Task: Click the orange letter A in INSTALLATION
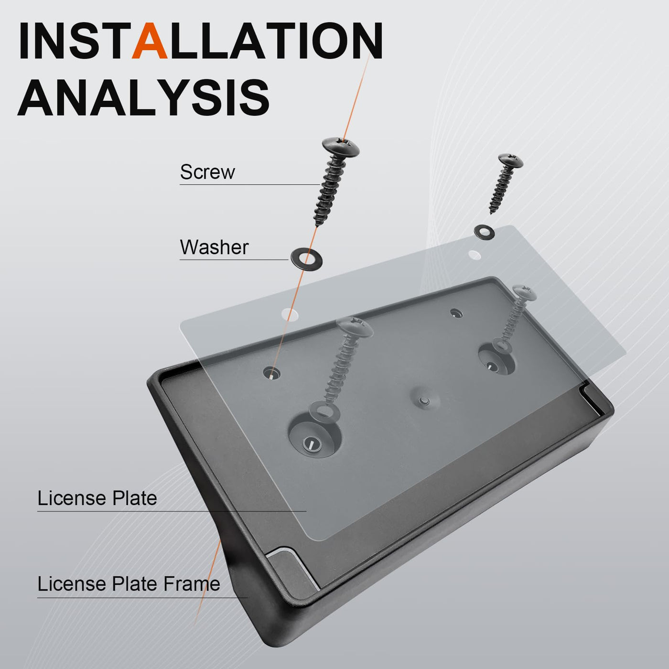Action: (x=150, y=41)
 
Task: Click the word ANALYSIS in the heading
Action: (x=143, y=97)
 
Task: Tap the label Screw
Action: (x=207, y=172)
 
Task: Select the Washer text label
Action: (x=214, y=247)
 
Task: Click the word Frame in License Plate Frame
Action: (x=192, y=583)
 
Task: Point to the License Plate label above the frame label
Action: (x=97, y=498)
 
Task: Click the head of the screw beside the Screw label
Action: (x=341, y=147)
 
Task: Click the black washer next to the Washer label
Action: (x=307, y=259)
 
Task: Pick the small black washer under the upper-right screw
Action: (x=485, y=232)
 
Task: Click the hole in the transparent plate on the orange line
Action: (x=290, y=314)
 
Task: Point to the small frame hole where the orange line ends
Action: (x=271, y=373)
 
